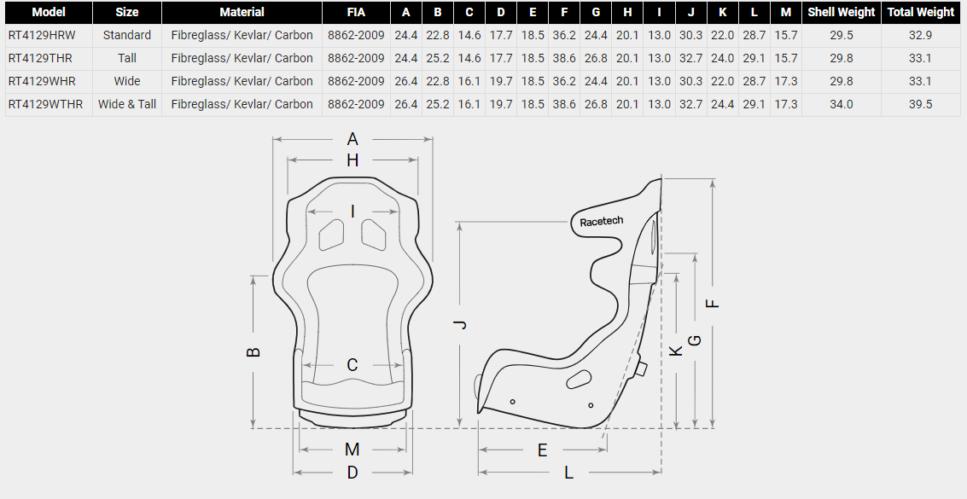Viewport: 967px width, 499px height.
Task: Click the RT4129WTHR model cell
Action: [x=45, y=104]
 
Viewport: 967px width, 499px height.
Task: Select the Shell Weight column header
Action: [x=842, y=12]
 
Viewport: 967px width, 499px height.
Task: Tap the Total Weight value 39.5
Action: [x=920, y=104]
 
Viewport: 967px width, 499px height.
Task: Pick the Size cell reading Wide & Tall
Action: [x=127, y=104]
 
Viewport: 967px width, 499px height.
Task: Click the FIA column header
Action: [x=356, y=12]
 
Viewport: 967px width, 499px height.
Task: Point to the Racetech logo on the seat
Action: [x=602, y=221]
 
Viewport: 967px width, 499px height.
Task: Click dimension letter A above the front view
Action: [x=352, y=139]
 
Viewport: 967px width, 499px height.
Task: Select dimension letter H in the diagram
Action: [x=352, y=160]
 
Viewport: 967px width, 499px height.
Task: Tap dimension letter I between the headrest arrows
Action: [x=352, y=212]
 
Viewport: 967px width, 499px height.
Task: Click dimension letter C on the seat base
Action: [x=352, y=365]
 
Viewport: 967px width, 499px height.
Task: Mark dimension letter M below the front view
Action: [x=352, y=449]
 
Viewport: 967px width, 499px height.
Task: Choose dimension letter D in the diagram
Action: [x=352, y=473]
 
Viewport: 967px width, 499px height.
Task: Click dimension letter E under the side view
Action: [x=542, y=450]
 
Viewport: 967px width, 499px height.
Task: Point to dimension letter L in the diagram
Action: [x=568, y=473]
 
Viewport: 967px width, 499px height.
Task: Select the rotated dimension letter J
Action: [x=460, y=325]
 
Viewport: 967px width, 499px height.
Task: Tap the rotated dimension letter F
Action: [x=713, y=303]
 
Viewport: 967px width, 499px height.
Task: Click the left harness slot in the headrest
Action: [x=332, y=235]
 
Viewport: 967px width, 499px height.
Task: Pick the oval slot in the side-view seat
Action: [x=579, y=380]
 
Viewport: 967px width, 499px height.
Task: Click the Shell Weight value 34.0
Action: [x=842, y=104]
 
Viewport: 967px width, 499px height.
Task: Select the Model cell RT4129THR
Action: [x=40, y=58]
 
